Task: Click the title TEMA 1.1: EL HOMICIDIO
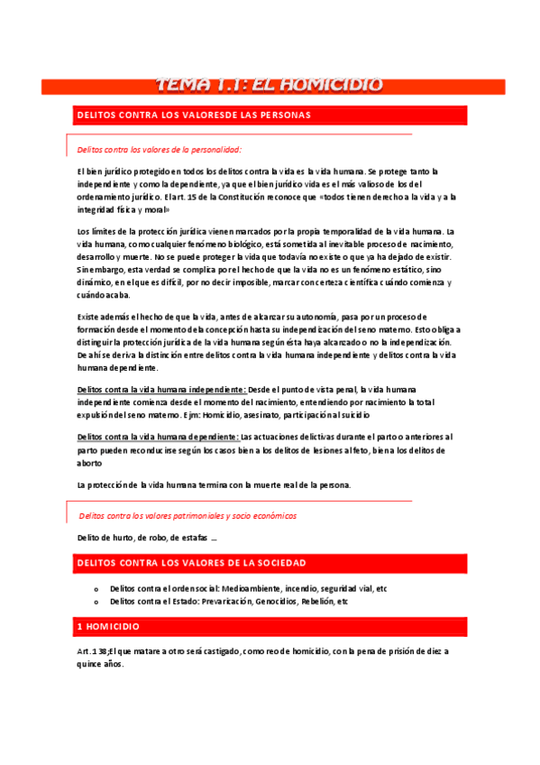[x=270, y=86]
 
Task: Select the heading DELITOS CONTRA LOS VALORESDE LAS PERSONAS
[x=194, y=115]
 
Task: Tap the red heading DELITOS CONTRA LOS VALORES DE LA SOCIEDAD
[x=191, y=563]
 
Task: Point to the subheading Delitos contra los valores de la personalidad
[x=160, y=150]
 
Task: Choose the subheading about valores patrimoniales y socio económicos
[x=188, y=516]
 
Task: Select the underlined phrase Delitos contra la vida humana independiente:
[x=163, y=389]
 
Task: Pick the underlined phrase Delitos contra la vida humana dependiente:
[x=159, y=437]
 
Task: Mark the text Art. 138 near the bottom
[x=94, y=651]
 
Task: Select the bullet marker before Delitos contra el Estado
[x=95, y=601]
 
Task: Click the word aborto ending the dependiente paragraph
[x=91, y=462]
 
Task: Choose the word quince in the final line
[x=91, y=664]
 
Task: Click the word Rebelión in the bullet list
[x=320, y=601]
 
